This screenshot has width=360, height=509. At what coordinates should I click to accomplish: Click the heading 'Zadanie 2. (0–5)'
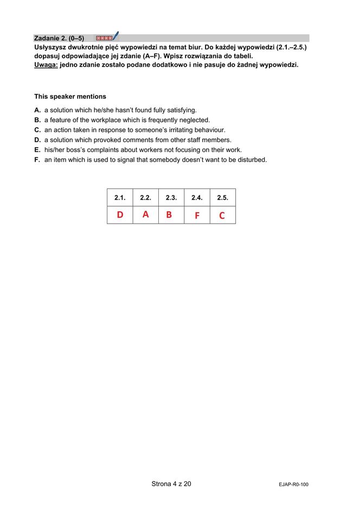click(x=59, y=39)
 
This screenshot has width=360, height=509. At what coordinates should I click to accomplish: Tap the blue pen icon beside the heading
click(x=115, y=37)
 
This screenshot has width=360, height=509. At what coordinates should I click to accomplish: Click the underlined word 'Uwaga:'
click(x=46, y=65)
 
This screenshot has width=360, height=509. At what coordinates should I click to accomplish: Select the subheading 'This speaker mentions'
click(x=70, y=97)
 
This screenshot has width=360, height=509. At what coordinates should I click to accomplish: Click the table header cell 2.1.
click(x=120, y=198)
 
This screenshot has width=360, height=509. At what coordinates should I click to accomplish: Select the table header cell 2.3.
click(x=171, y=198)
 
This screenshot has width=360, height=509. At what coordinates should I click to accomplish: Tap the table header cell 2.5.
click(x=222, y=198)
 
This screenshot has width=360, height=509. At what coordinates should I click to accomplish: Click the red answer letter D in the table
click(x=120, y=215)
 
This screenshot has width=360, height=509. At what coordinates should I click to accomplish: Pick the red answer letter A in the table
click(x=145, y=214)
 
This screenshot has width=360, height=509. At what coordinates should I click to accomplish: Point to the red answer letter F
click(x=197, y=215)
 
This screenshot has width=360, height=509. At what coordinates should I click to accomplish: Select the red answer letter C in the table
click(x=222, y=215)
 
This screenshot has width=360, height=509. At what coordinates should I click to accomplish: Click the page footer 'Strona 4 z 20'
click(x=171, y=484)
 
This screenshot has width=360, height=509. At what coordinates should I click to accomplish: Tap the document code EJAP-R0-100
click(x=293, y=485)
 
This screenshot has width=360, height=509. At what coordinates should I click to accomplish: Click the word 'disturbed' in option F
click(x=252, y=160)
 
